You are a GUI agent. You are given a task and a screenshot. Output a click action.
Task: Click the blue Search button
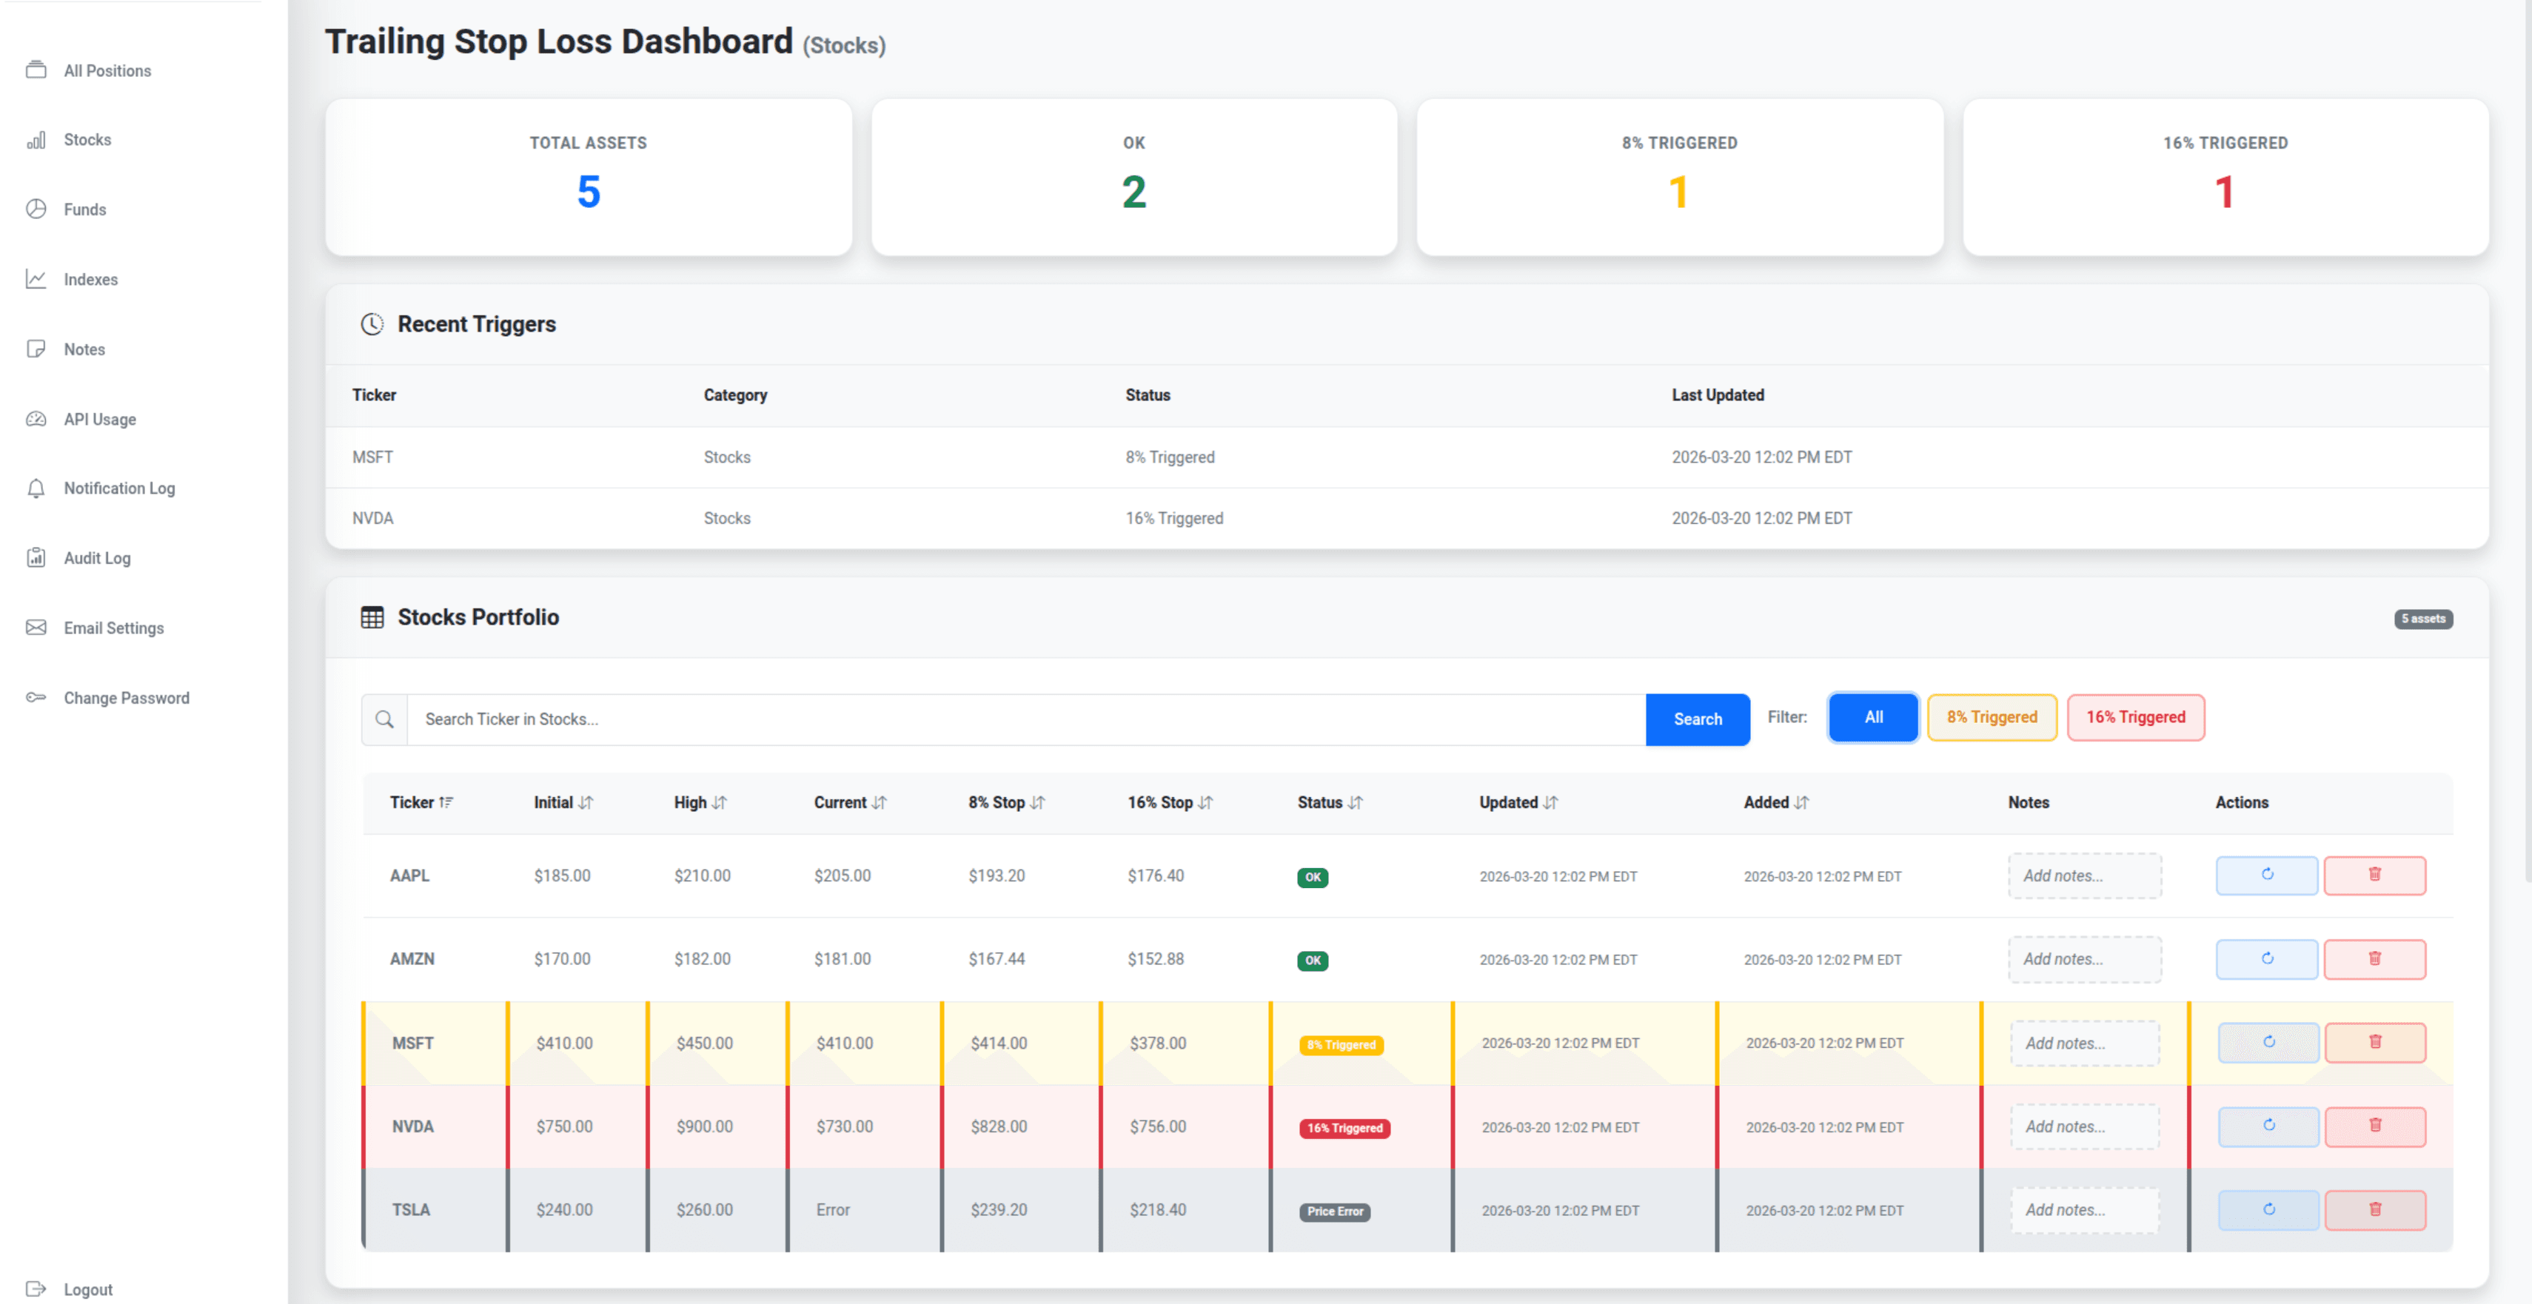(1697, 719)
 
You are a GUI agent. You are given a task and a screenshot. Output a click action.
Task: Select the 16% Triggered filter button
(2135, 717)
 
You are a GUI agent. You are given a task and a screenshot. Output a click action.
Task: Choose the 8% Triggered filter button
(1992, 717)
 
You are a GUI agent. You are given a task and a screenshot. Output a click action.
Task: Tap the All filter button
(1872, 717)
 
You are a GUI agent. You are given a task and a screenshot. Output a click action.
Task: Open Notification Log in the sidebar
(119, 488)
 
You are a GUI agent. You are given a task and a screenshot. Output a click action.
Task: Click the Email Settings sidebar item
(113, 628)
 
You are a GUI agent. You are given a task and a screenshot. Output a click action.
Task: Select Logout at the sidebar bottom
(87, 1288)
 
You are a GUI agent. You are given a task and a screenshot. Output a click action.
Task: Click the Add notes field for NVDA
(2084, 1126)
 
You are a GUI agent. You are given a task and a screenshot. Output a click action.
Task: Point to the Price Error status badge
(1334, 1211)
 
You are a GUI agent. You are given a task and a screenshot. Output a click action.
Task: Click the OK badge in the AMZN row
(1312, 960)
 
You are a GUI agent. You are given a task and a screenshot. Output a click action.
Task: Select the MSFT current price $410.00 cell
(844, 1043)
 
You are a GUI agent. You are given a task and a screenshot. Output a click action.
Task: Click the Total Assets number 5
(588, 192)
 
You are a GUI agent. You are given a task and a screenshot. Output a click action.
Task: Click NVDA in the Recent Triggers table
(372, 518)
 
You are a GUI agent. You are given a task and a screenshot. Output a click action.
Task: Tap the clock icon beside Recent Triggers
(372, 323)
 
